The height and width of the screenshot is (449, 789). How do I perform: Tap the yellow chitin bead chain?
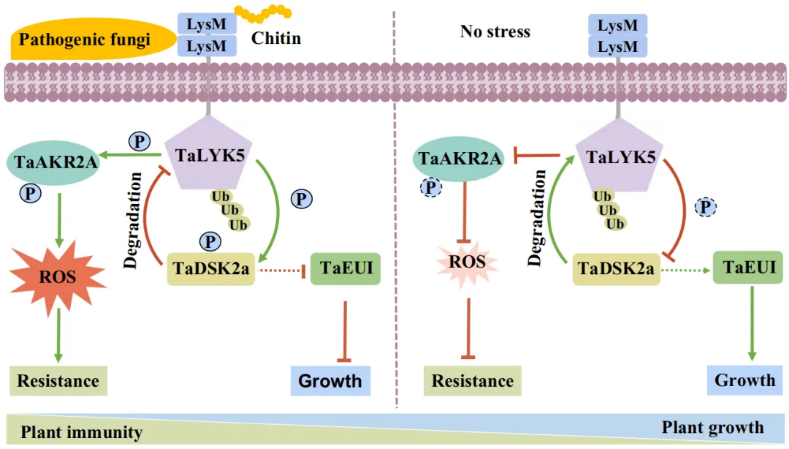coord(263,13)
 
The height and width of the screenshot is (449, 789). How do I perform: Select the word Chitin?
coord(275,38)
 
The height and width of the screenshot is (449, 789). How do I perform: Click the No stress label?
coord(495,31)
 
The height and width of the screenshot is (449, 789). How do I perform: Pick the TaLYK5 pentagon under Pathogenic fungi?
coord(209,154)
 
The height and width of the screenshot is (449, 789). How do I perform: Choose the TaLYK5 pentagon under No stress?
coord(619,156)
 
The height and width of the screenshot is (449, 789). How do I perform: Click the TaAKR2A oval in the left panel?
coord(53,162)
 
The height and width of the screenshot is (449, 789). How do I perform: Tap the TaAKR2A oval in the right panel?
coord(458,159)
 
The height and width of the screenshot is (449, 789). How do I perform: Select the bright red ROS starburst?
coord(58,276)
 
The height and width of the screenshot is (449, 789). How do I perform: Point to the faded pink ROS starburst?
coord(468,263)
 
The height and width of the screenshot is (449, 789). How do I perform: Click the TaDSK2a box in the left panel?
coord(211,268)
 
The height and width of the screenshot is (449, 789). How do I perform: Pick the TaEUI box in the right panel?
coord(748,268)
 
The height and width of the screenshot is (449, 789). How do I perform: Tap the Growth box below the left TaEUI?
coord(331,380)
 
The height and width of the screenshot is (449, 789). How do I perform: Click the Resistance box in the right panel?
coord(473,381)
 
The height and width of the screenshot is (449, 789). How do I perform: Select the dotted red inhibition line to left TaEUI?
coord(282,271)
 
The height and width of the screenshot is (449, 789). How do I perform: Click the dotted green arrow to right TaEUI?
coord(686,271)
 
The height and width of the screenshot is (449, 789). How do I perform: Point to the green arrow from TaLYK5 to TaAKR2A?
coord(130,155)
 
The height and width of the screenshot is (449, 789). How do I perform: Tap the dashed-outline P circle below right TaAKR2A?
coord(431,188)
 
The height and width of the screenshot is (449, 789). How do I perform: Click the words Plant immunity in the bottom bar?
coord(82,432)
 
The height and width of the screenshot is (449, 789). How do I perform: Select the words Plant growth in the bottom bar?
coord(712,427)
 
